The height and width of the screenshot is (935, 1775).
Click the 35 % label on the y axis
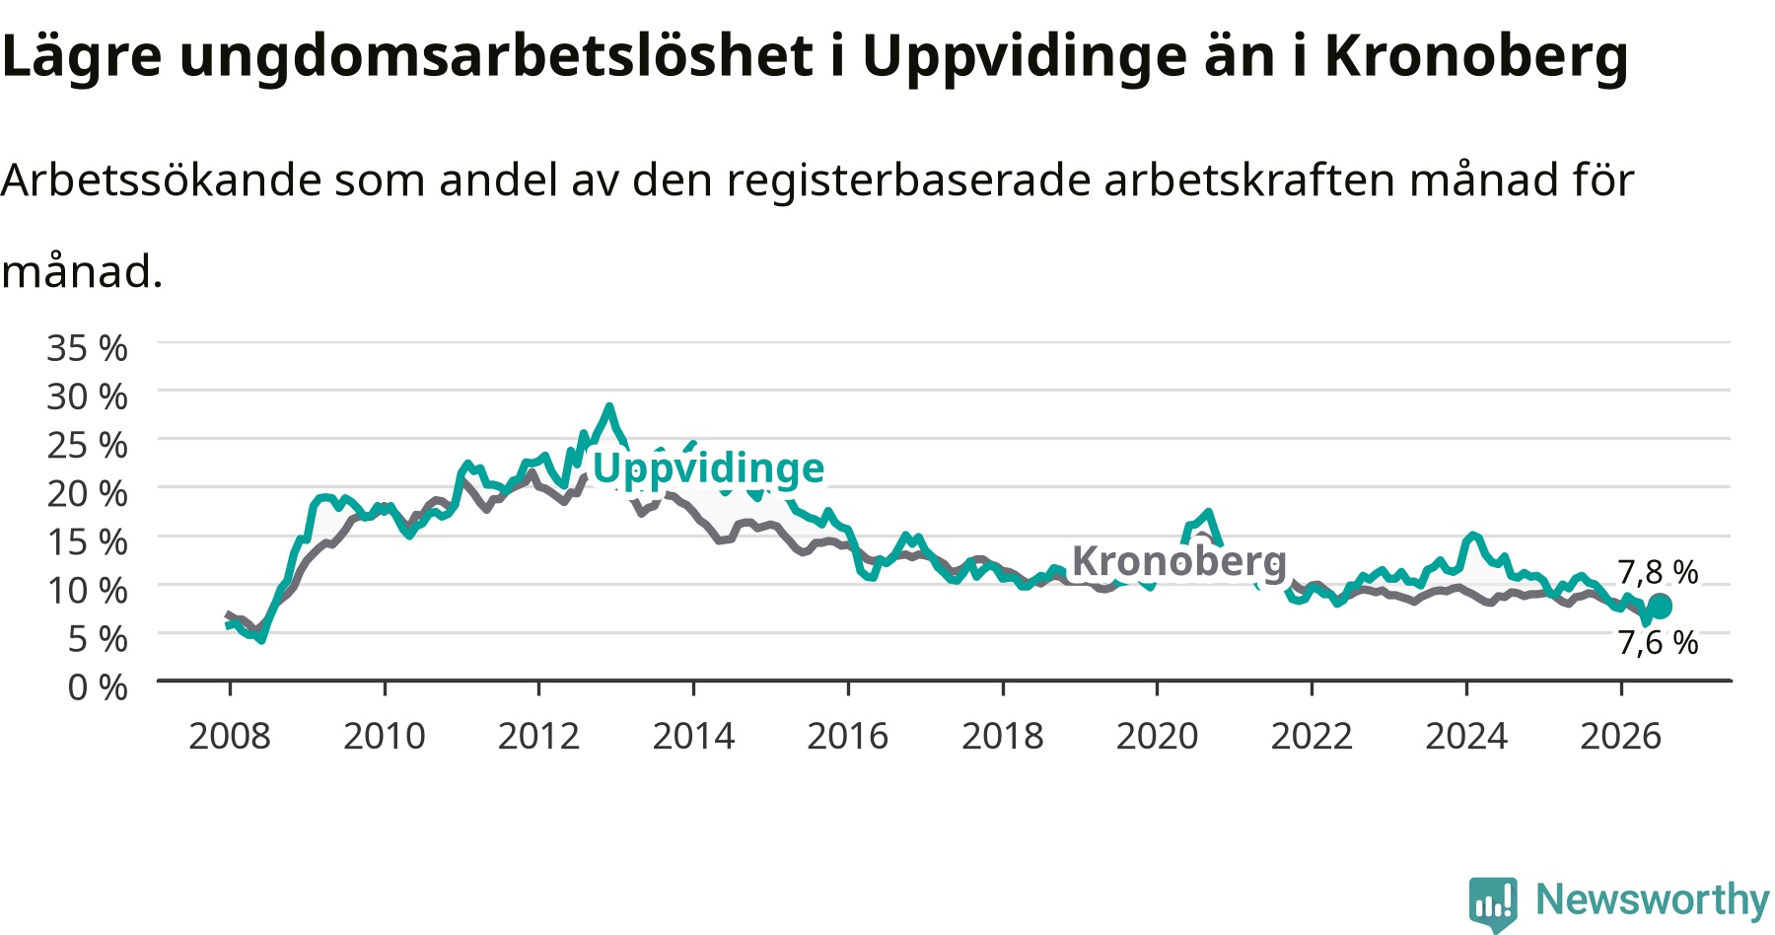tap(87, 348)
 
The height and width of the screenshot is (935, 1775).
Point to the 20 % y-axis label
tap(87, 493)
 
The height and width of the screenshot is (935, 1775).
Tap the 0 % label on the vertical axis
tap(98, 686)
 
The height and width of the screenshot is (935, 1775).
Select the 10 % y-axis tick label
tap(87, 590)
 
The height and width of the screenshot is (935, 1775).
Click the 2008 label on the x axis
tap(230, 736)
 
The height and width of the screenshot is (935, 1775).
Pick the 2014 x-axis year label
tap(693, 736)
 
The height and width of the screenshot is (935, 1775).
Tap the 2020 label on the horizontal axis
tap(1157, 736)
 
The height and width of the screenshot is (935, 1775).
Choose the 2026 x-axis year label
tap(1621, 736)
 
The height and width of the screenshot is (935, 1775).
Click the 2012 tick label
tap(538, 736)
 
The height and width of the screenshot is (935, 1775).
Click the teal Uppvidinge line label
tap(708, 467)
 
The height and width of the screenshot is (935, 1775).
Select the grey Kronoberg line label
tap(1179, 560)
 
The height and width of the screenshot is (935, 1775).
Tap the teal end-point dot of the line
tap(1660, 606)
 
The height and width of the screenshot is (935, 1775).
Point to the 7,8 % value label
tap(1658, 572)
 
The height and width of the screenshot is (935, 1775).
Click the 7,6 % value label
tap(1658, 642)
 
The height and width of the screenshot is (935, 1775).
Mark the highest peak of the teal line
tap(609, 406)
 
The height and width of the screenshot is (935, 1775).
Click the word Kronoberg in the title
tap(1476, 56)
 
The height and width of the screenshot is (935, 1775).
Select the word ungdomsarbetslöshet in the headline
tap(496, 56)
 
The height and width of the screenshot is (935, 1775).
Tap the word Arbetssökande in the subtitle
tap(162, 180)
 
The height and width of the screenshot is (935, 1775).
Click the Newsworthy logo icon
tap(1493, 902)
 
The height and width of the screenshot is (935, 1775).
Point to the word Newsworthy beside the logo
tap(1653, 899)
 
